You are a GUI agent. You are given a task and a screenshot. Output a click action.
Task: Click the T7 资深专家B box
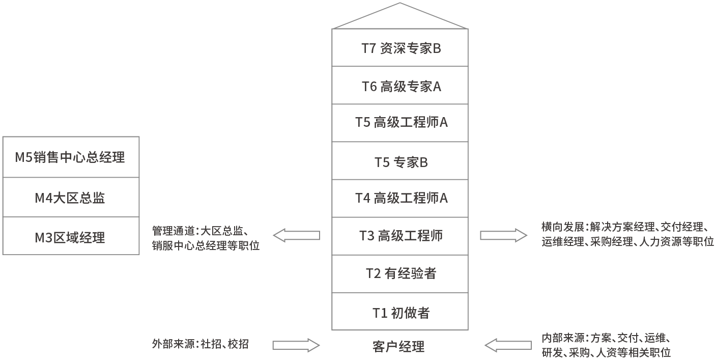[400, 48]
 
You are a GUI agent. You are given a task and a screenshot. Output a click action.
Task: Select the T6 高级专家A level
[400, 86]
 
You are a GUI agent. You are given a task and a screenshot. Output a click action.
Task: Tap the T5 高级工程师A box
[400, 123]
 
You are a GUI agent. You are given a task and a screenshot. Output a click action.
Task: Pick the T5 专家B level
[400, 161]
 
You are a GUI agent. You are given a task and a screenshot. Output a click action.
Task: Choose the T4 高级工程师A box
[400, 198]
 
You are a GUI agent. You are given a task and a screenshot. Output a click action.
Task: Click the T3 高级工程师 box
[400, 236]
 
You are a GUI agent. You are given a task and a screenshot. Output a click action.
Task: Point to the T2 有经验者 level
[400, 274]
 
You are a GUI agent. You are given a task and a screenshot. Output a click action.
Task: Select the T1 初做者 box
[400, 312]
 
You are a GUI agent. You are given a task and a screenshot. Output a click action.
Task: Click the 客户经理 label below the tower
[398, 347]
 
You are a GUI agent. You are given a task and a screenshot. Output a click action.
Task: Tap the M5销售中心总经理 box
[71, 157]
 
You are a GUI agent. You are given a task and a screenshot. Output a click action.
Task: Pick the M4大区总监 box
[71, 198]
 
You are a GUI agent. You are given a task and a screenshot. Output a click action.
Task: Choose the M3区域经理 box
[71, 236]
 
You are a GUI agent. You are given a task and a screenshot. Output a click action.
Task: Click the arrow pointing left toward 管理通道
[296, 235]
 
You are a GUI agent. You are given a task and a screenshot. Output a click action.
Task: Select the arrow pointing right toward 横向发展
[503, 235]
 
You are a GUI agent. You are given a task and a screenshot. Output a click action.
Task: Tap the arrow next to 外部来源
[296, 345]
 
